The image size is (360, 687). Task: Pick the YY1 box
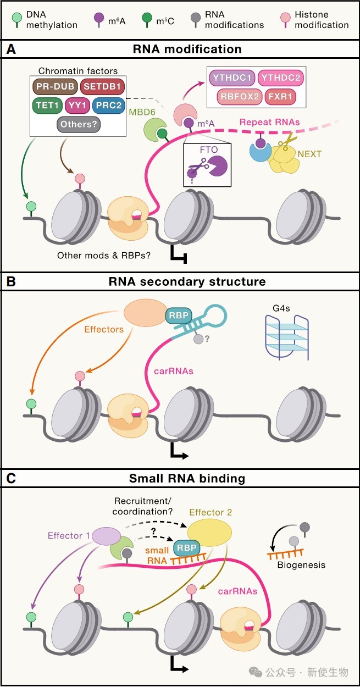77,105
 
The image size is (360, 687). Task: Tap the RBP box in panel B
178,315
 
